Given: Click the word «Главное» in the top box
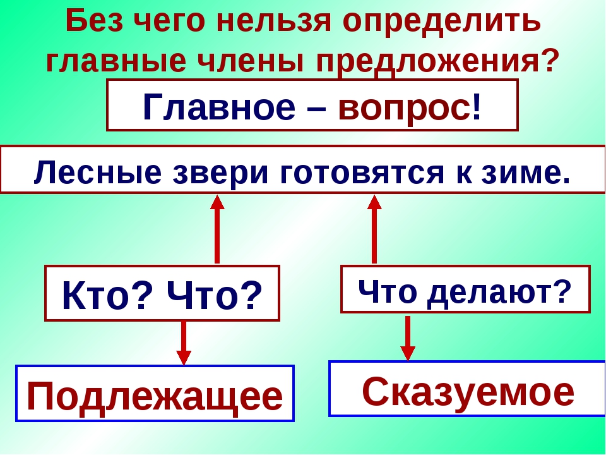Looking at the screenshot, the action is point(219,107).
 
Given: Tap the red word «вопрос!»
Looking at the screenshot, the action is point(410,107).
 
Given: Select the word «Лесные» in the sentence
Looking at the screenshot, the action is point(97,173).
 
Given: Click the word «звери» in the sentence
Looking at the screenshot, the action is point(220,173).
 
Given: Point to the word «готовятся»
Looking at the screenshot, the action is point(362,173).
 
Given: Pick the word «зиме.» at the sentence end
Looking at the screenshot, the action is point(526,173).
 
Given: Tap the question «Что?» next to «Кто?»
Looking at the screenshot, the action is point(215,295).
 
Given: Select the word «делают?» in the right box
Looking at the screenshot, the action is point(499,292).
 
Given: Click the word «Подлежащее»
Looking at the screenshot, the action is point(155,397).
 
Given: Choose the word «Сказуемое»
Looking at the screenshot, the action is point(468,392).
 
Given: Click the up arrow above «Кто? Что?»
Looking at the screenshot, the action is point(217,229).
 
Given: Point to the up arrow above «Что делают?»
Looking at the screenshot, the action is point(374,229).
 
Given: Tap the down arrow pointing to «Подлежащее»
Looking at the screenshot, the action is point(184,343).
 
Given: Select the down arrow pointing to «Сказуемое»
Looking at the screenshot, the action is point(408,338).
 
